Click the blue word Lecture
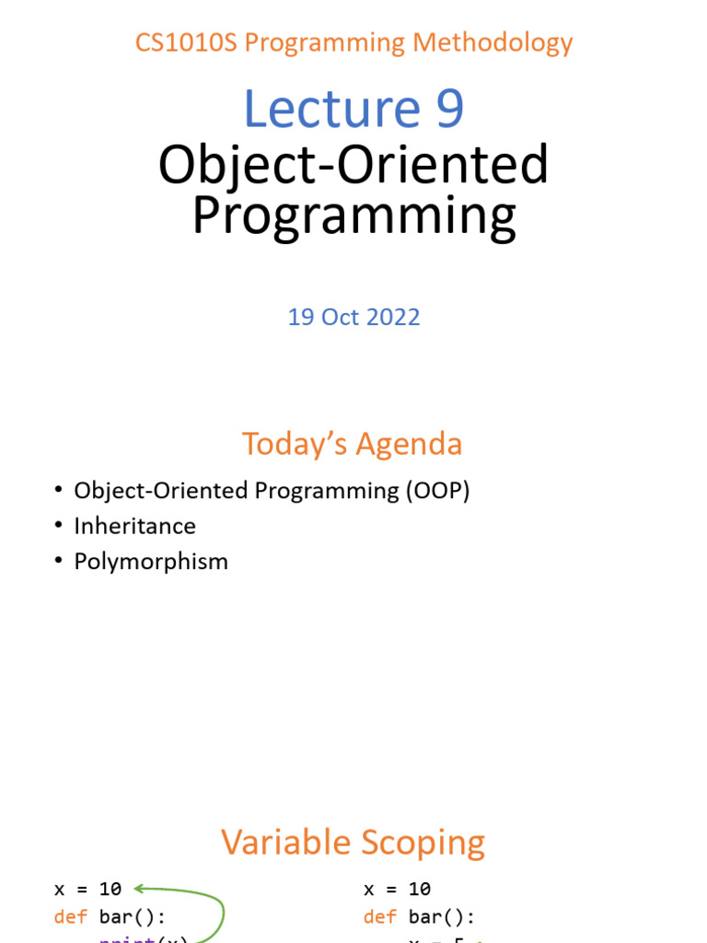[318, 109]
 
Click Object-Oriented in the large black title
[353, 166]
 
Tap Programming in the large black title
[353, 215]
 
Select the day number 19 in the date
[300, 317]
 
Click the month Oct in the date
[341, 317]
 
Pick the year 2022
[394, 317]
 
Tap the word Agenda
[410, 444]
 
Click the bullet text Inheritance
[134, 526]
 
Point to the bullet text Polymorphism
[151, 562]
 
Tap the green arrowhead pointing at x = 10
[140, 889]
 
